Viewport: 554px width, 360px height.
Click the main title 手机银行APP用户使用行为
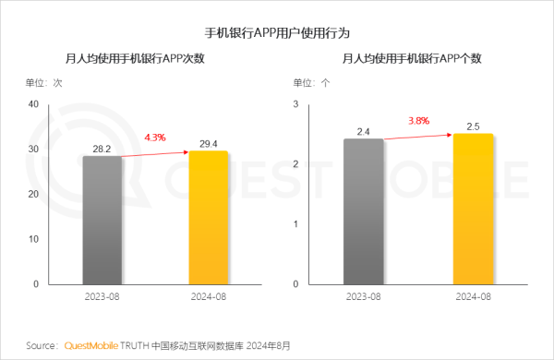click(x=276, y=31)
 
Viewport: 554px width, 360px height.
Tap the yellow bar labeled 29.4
click(x=208, y=217)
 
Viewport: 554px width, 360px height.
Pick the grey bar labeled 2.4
click(x=363, y=211)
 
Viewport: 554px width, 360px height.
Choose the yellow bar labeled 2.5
click(x=472, y=209)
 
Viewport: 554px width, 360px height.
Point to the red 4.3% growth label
click(x=154, y=138)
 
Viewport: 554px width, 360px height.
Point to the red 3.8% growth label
click(x=417, y=121)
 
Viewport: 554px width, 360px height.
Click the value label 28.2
click(x=102, y=146)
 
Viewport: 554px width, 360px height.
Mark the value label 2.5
click(x=473, y=125)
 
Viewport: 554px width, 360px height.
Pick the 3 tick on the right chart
click(x=296, y=103)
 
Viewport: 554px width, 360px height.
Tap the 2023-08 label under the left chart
click(x=102, y=295)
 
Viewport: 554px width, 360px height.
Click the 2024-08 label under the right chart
click(x=473, y=295)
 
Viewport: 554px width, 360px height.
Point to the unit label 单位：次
click(x=44, y=82)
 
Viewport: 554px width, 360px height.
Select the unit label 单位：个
click(x=310, y=82)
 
